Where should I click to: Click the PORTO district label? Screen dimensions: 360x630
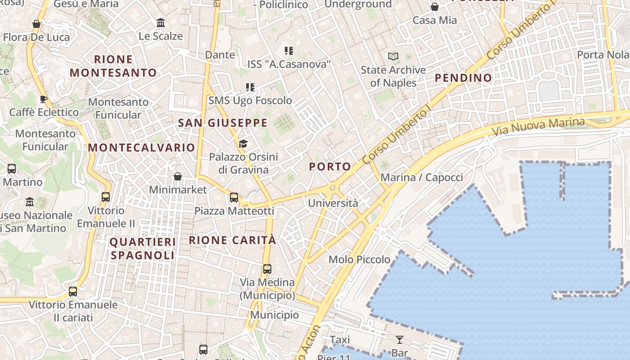(330, 167)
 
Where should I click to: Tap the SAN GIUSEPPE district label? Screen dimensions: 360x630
(223, 123)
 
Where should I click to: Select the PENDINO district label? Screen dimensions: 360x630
(463, 78)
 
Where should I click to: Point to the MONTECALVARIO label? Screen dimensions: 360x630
(141, 148)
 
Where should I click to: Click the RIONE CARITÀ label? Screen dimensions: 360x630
(232, 240)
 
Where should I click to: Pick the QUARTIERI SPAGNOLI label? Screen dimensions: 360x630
(143, 248)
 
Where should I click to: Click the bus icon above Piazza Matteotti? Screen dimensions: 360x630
(234, 197)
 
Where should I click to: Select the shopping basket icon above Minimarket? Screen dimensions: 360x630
(178, 176)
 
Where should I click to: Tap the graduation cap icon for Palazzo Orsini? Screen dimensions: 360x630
(243, 144)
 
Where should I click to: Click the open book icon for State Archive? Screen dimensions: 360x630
(393, 57)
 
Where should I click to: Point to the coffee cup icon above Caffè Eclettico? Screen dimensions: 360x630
(44, 99)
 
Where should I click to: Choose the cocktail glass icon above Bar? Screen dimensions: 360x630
(400, 339)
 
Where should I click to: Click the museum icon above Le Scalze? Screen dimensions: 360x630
(161, 22)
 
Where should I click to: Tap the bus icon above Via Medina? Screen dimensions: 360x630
(267, 269)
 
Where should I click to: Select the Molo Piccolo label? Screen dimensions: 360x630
(359, 260)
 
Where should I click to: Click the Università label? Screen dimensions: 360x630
(333, 203)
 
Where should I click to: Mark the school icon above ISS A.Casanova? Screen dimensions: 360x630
(289, 51)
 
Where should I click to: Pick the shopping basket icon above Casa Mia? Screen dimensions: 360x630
(435, 7)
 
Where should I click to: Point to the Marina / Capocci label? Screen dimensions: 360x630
(422, 177)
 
